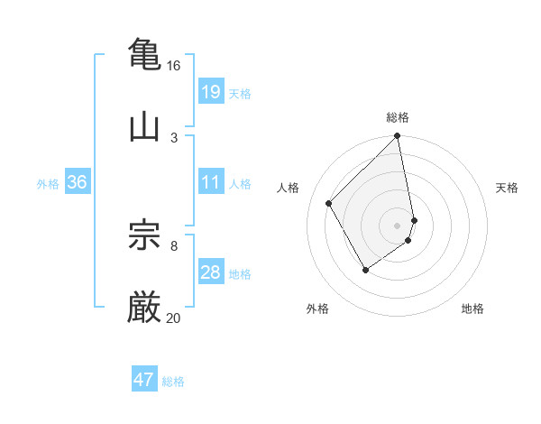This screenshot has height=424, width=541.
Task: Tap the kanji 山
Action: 144,126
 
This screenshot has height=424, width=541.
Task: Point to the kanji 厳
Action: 144,307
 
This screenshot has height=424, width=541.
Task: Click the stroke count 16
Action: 173,66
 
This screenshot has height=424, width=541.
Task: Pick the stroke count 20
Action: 173,318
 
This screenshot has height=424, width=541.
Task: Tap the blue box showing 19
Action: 210,91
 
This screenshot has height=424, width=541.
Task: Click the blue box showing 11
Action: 210,182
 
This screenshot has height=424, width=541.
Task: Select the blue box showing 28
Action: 210,272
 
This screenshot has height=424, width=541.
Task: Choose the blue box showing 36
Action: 77,182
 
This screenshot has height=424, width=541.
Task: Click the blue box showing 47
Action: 144,380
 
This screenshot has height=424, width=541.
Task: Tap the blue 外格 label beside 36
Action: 48,183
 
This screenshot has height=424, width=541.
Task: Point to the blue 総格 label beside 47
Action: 173,382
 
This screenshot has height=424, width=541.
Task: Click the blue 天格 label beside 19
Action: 240,93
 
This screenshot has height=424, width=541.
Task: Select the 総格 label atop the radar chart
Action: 398,117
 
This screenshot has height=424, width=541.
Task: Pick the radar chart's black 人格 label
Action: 289,188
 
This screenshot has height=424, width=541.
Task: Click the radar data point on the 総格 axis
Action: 398,137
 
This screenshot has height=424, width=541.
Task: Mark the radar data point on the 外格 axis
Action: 365,270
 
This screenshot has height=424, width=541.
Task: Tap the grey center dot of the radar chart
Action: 398,225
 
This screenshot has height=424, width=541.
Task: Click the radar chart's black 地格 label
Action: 472,309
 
